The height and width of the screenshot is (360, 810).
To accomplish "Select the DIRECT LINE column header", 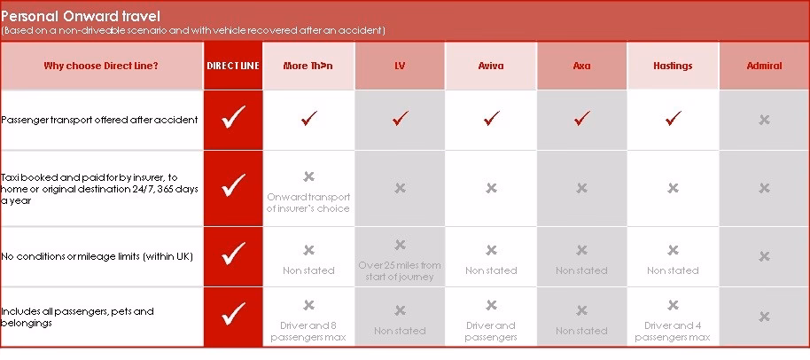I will pos(233,66).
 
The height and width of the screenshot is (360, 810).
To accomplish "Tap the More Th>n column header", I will pos(308,66).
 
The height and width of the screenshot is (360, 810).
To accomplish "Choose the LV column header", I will pos(400,66).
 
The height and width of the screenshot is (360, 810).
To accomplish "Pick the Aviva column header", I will pos(491,66).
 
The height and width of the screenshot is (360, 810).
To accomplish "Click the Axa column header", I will pos(581,66).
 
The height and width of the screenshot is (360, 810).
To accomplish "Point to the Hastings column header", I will pos(673,66).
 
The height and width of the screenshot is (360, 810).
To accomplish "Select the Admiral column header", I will pos(763,66).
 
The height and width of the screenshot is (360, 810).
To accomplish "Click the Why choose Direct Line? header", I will pos(101,66).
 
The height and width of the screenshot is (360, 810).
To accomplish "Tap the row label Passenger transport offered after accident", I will pos(99,119).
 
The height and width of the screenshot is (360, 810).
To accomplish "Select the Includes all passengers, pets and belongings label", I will pos(78,317).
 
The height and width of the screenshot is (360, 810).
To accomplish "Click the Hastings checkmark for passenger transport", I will pos(673,118).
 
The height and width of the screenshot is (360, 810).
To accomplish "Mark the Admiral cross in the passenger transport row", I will pos(764,120).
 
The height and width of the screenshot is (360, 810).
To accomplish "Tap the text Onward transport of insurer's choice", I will pos(308,202).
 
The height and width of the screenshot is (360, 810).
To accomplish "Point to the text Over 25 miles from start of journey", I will pos(400,270).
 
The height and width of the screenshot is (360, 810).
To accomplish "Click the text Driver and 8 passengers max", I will pos(308,332).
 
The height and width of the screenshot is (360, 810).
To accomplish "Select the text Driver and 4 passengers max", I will pos(673,332).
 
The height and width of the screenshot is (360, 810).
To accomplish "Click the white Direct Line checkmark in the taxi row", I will pos(233,185).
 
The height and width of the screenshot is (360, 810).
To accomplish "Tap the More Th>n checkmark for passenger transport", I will pos(308,118).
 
